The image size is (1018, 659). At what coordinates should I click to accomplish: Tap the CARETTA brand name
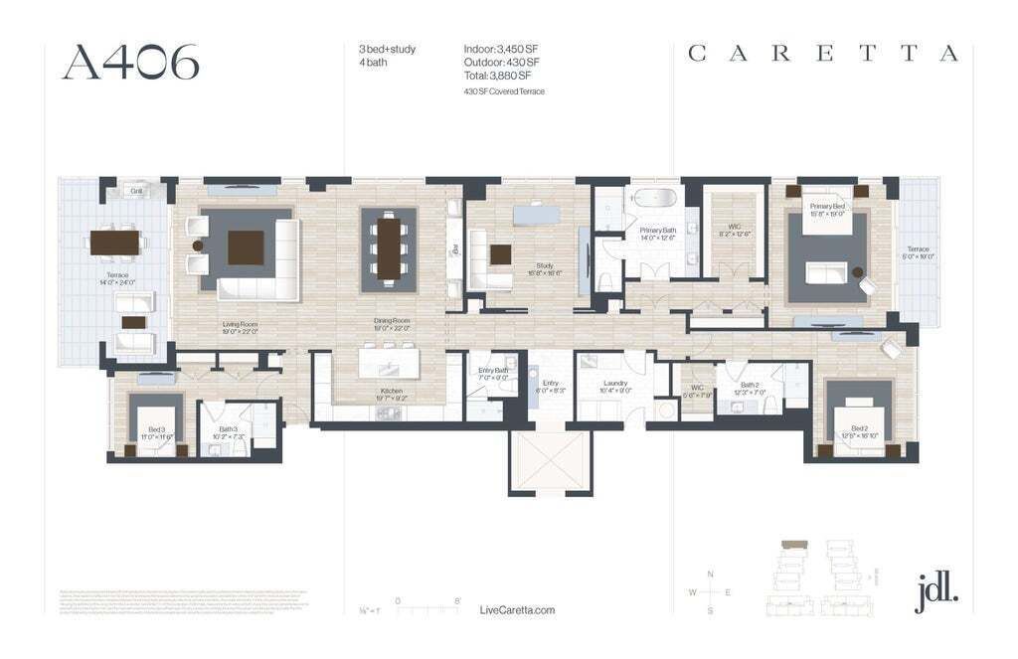(x=823, y=54)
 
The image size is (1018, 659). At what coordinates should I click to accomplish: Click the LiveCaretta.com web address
(x=517, y=610)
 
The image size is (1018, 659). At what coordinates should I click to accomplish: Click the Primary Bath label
(x=657, y=234)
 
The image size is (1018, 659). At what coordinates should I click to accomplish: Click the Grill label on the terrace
(x=137, y=191)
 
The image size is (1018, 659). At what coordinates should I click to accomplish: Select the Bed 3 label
(x=156, y=433)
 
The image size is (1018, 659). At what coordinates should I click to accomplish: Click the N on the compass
(x=710, y=575)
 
